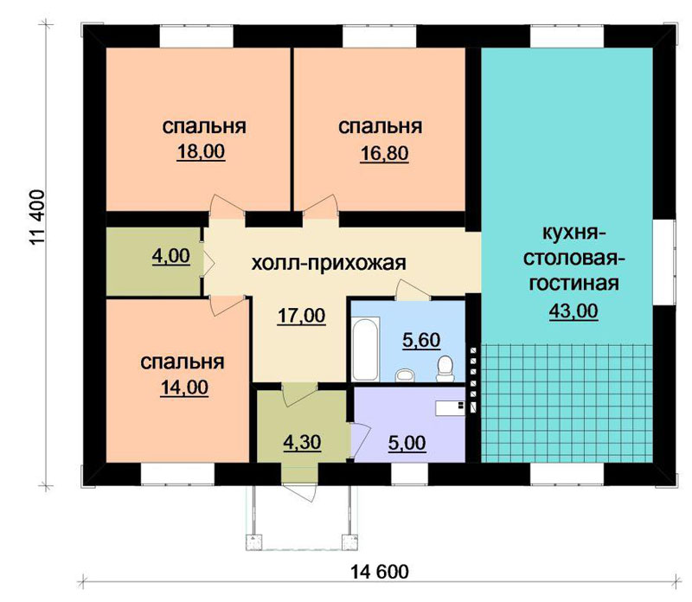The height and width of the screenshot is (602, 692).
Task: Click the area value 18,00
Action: click(x=201, y=152)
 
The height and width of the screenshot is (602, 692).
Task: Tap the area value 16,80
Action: click(x=384, y=154)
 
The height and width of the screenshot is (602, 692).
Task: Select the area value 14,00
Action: click(x=184, y=388)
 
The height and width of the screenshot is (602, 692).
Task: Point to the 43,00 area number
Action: click(x=573, y=311)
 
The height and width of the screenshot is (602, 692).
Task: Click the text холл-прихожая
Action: click(x=329, y=264)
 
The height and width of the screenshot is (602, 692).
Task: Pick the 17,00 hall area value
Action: click(x=301, y=316)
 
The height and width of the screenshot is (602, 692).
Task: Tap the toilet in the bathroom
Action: click(x=445, y=369)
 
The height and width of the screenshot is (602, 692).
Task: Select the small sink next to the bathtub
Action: click(x=405, y=375)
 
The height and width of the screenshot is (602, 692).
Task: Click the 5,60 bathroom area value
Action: click(x=421, y=340)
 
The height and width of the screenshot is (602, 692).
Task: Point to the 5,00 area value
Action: click(x=407, y=443)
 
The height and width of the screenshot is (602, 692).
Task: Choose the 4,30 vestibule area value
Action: click(x=302, y=442)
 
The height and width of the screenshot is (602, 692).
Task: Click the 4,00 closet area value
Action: click(x=170, y=255)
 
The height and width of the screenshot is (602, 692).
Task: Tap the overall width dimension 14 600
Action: click(x=380, y=572)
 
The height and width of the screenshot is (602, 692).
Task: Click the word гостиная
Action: click(x=573, y=284)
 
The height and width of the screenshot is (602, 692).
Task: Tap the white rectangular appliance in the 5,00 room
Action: click(x=450, y=407)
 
